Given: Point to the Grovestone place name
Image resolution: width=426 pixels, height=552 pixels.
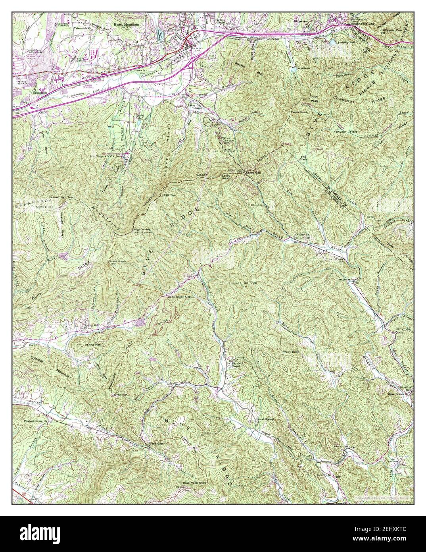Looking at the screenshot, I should [40, 91].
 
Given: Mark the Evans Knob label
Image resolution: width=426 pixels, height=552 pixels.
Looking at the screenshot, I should [299, 112].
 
